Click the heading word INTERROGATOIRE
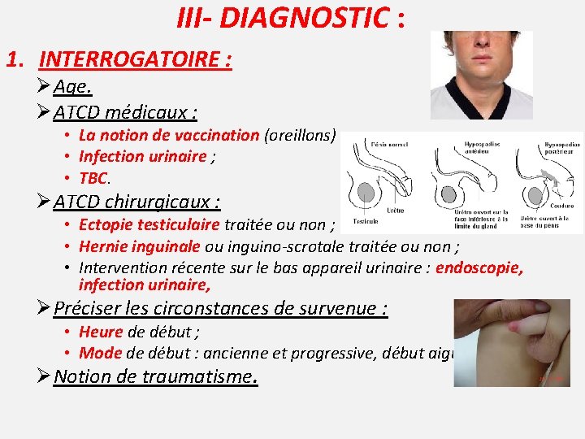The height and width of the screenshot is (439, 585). [x=135, y=59]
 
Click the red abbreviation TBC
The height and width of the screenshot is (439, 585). [x=93, y=177]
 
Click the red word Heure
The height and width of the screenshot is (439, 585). [x=101, y=333]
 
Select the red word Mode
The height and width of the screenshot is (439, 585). [x=99, y=353]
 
